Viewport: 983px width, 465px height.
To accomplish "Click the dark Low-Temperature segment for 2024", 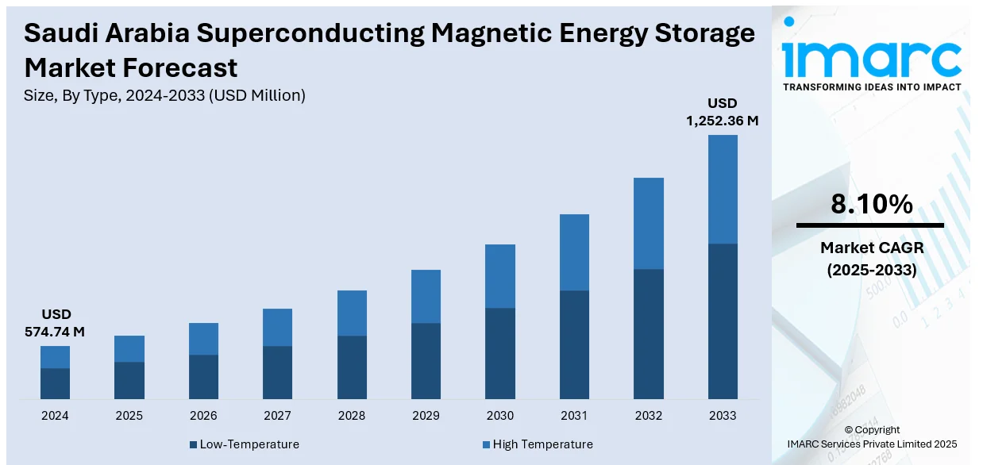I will (55, 383).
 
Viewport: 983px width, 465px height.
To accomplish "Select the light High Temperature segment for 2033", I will (723, 189).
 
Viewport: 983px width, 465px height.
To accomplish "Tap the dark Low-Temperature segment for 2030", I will (500, 353).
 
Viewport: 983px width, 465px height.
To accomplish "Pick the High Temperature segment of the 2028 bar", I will (352, 313).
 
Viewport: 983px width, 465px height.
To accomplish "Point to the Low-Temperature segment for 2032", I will (649, 333).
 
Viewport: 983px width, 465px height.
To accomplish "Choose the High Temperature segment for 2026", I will (203, 339).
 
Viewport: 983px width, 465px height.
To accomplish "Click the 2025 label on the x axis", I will (129, 415).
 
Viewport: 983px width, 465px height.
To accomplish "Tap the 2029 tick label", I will (426, 415).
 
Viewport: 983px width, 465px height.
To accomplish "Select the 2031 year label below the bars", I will (574, 415).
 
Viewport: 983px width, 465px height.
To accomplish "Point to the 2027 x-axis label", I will (277, 415).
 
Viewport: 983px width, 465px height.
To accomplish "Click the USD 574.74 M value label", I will (55, 323).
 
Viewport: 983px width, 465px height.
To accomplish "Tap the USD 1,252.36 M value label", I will (723, 112).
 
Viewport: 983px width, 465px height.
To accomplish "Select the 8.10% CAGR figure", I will (871, 205).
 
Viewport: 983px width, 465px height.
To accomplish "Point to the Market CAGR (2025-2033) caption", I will (871, 259).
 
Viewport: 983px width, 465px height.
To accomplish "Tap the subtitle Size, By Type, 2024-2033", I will (165, 95).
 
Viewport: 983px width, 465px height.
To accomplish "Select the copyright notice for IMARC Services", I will (871, 436).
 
